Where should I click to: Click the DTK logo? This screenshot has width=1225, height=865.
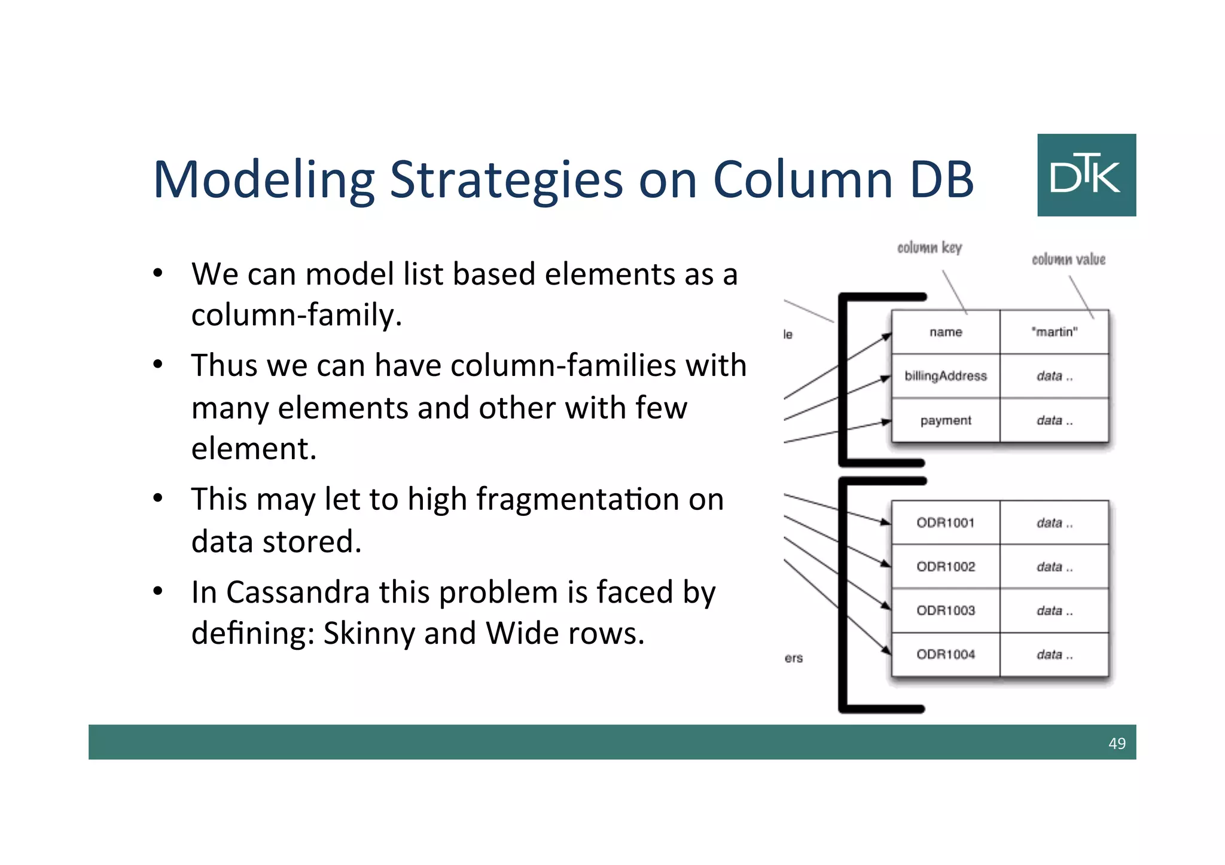click(1086, 175)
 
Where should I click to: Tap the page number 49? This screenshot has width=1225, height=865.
click(1117, 743)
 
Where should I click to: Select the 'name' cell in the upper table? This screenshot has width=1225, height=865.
click(946, 332)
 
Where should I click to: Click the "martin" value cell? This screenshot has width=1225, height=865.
click(1054, 332)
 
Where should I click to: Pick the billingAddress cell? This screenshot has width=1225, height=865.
click(946, 376)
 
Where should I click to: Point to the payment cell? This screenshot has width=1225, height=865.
click(946, 420)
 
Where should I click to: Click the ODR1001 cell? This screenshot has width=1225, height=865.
click(946, 523)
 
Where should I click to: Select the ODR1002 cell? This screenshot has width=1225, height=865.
click(946, 567)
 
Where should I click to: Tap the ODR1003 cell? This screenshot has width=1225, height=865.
click(946, 610)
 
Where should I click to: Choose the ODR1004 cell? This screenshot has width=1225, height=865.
click(946, 655)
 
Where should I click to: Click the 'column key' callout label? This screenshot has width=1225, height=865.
click(930, 247)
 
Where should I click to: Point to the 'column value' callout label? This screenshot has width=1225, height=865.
click(1068, 259)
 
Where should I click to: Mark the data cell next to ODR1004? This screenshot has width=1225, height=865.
click(1054, 655)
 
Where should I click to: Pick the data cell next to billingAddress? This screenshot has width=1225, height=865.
click(1054, 376)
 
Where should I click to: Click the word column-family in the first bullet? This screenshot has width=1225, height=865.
click(296, 315)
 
